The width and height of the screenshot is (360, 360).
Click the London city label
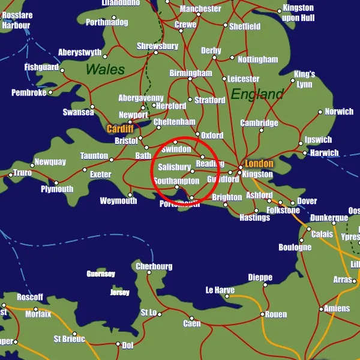[259, 163]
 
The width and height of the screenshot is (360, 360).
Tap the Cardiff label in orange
[120, 128]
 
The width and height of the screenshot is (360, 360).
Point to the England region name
[257, 94]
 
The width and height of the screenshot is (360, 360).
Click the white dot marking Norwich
[319, 112]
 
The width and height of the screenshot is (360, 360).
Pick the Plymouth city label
[57, 189]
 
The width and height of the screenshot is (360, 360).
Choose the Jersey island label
[120, 293]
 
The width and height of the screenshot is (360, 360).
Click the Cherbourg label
[154, 266]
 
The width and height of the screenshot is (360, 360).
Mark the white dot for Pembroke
[50, 92]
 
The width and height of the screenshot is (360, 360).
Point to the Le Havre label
[220, 290]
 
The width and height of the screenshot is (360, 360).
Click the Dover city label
[307, 201]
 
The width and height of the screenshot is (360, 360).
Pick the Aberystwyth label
[80, 53]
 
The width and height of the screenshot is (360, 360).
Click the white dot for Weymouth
[130, 194]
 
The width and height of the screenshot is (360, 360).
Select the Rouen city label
[276, 314]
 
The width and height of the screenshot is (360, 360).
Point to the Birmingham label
[191, 73]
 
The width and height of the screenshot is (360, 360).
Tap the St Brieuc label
[69, 339]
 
